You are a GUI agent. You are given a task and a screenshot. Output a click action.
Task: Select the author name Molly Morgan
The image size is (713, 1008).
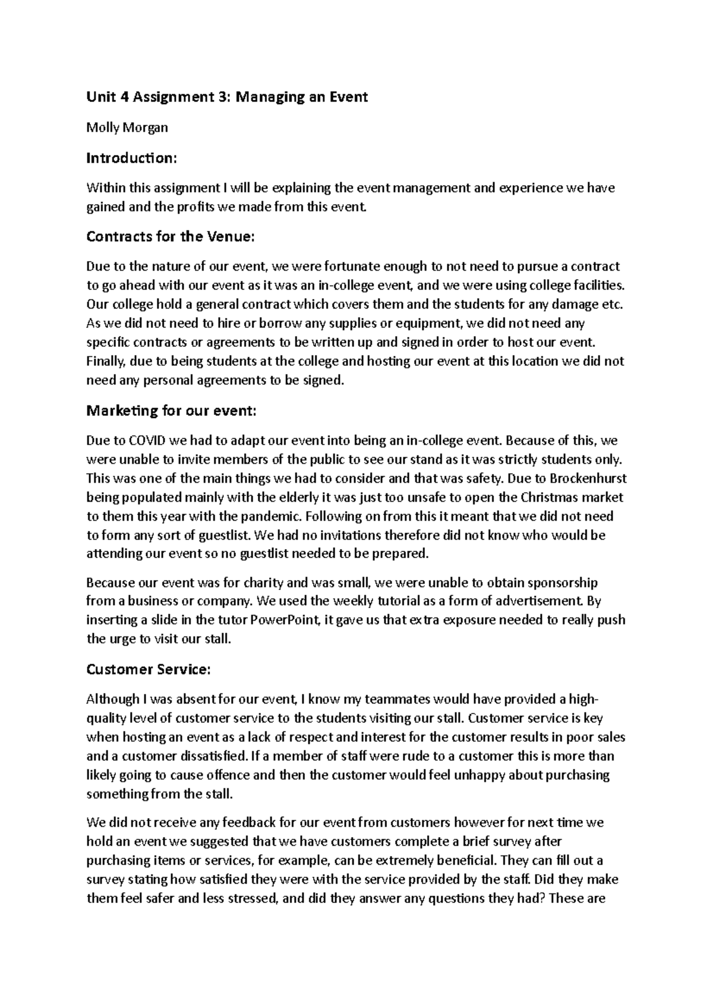[x=127, y=127]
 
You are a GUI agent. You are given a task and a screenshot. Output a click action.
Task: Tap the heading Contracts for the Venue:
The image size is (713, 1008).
[x=171, y=236]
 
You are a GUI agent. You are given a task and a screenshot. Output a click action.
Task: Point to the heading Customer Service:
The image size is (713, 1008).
[x=149, y=669]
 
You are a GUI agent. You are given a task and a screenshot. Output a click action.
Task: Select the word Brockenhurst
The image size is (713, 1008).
[x=589, y=478]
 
